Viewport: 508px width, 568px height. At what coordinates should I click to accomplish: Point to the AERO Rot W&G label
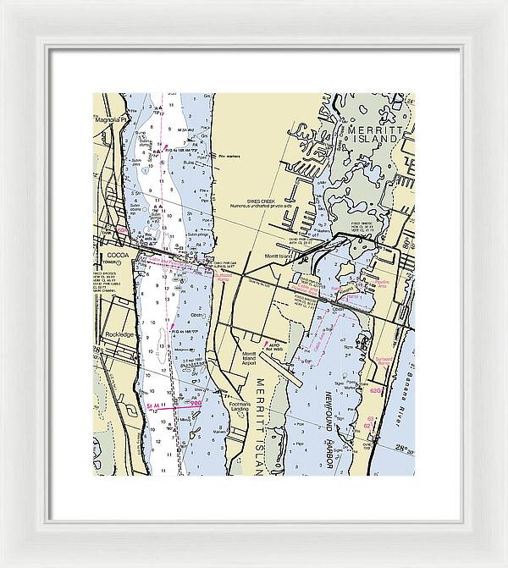279,346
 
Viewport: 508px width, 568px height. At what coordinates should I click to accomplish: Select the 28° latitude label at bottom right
398,448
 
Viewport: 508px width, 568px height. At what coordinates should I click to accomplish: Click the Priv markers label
230,157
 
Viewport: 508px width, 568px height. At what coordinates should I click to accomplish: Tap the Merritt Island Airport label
251,359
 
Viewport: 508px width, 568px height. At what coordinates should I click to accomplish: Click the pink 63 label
370,417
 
